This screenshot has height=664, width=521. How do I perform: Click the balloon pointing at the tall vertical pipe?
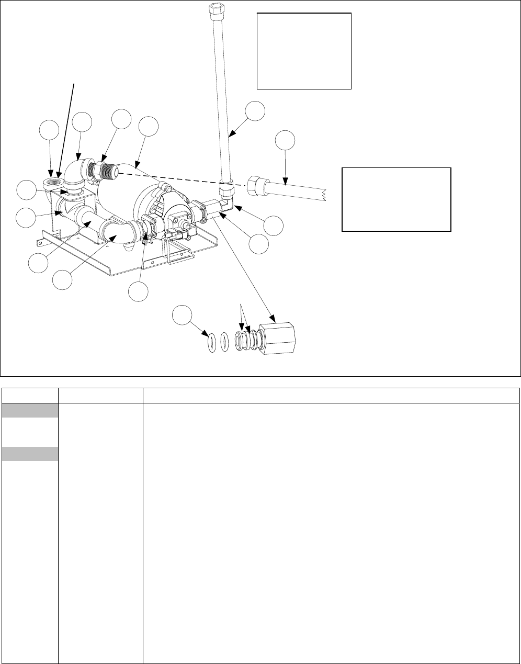pos(255,111)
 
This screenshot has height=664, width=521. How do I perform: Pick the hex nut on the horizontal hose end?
pos(255,186)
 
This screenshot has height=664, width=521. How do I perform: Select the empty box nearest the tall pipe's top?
pos(304,51)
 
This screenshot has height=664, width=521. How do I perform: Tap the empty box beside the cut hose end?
pos(396,199)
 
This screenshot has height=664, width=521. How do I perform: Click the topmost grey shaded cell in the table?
pos(29,410)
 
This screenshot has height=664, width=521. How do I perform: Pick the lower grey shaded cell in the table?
pos(29,454)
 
